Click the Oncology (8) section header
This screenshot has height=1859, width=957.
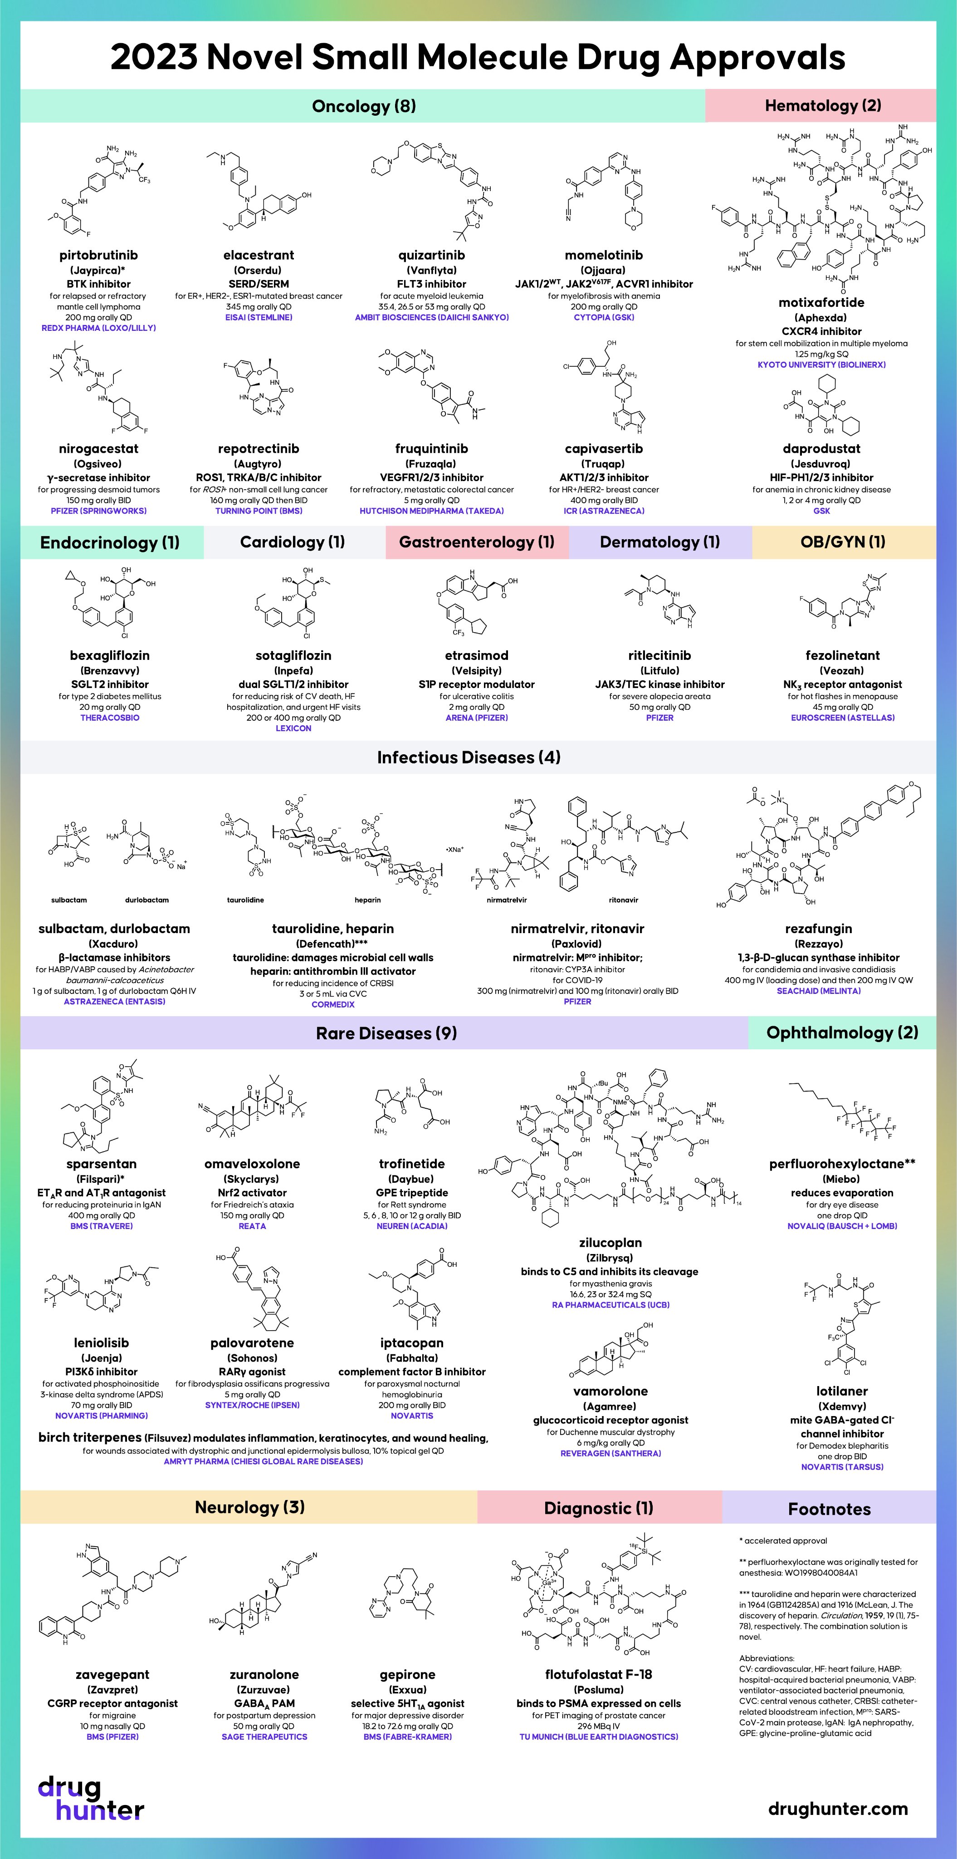[363, 106]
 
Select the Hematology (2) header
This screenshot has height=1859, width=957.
[822, 105]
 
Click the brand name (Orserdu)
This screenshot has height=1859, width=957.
[258, 270]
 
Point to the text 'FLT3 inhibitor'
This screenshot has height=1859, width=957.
[431, 284]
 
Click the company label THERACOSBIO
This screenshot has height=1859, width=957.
[110, 718]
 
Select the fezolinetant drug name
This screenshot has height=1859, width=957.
[842, 655]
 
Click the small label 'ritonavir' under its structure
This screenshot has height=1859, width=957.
[623, 900]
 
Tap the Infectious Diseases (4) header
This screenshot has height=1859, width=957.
[469, 757]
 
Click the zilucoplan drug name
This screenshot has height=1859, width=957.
[610, 1243]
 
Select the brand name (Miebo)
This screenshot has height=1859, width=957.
[842, 1179]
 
